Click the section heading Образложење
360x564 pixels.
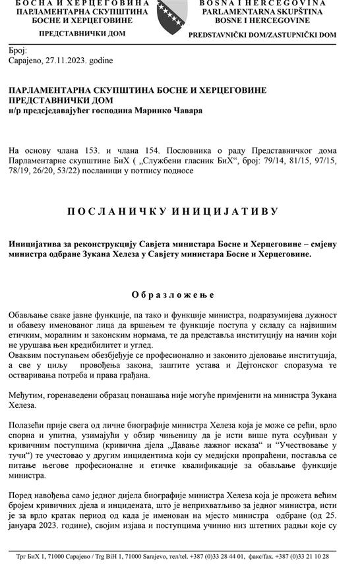pos(173,294)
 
